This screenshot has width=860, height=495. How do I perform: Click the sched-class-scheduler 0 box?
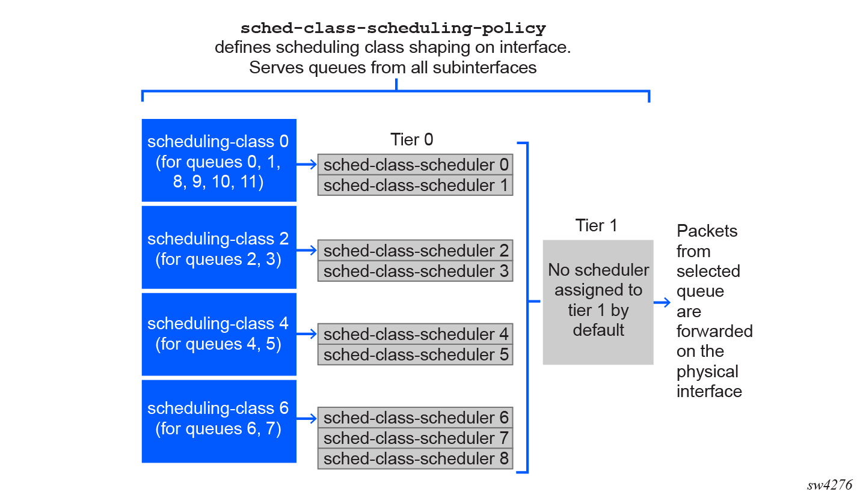[x=415, y=165]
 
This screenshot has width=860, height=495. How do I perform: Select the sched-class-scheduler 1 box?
[x=415, y=185]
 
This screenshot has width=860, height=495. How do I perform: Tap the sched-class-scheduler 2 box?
[x=415, y=251]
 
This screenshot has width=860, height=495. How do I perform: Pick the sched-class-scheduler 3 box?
[x=415, y=271]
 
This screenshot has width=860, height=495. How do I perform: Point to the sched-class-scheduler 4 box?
[x=415, y=334]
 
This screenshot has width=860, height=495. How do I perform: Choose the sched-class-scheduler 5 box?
[x=415, y=354]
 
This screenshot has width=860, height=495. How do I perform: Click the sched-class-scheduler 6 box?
[x=415, y=418]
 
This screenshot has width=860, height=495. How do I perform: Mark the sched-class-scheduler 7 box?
[x=415, y=438]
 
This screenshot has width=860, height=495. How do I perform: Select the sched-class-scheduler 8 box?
[x=415, y=458]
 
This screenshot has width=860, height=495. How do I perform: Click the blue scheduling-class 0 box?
[x=219, y=160]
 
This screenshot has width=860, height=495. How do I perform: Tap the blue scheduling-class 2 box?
[x=219, y=247]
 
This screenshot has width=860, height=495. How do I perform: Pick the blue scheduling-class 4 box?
[x=219, y=335]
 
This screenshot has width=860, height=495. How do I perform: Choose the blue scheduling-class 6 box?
[x=219, y=421]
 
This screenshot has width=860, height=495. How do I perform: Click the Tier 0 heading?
[x=411, y=139]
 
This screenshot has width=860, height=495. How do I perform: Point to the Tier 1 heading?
[x=596, y=225]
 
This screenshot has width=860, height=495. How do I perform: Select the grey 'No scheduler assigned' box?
[x=598, y=302]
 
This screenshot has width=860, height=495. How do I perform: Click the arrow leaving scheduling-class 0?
[x=307, y=165]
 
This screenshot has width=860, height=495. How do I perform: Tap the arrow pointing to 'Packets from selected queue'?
[x=662, y=303]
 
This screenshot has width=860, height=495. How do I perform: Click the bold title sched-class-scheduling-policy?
[x=393, y=28]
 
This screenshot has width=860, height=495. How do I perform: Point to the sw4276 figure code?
[x=829, y=485]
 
